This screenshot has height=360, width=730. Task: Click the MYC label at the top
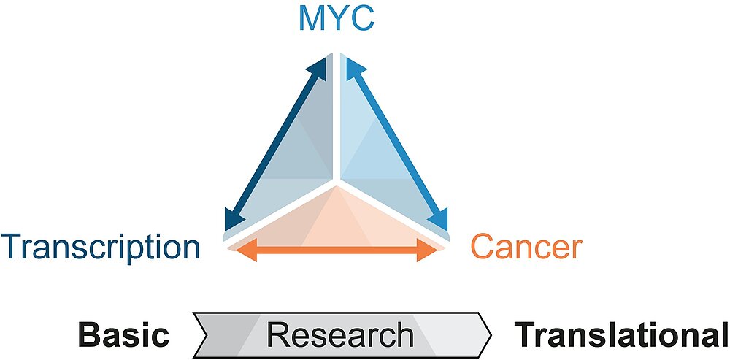pos(337,18)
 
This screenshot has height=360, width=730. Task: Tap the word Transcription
pos(101,247)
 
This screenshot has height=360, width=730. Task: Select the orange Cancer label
pos(526,247)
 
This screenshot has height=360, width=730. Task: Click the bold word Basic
pos(123,335)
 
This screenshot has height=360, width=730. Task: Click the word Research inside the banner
pos(339,335)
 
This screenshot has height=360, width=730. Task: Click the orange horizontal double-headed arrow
pos(337,251)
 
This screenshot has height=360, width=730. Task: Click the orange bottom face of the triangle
pos(336,219)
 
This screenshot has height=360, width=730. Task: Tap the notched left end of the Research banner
pos(201,335)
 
